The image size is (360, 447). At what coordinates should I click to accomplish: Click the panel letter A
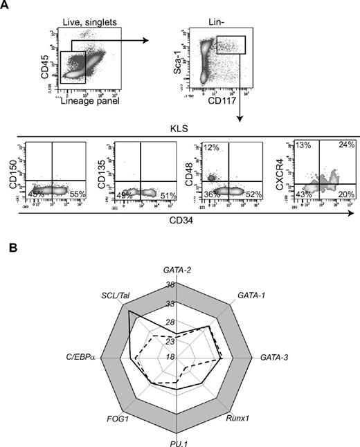[x=5, y=6]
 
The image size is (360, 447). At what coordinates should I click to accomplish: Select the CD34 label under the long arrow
[x=180, y=219]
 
